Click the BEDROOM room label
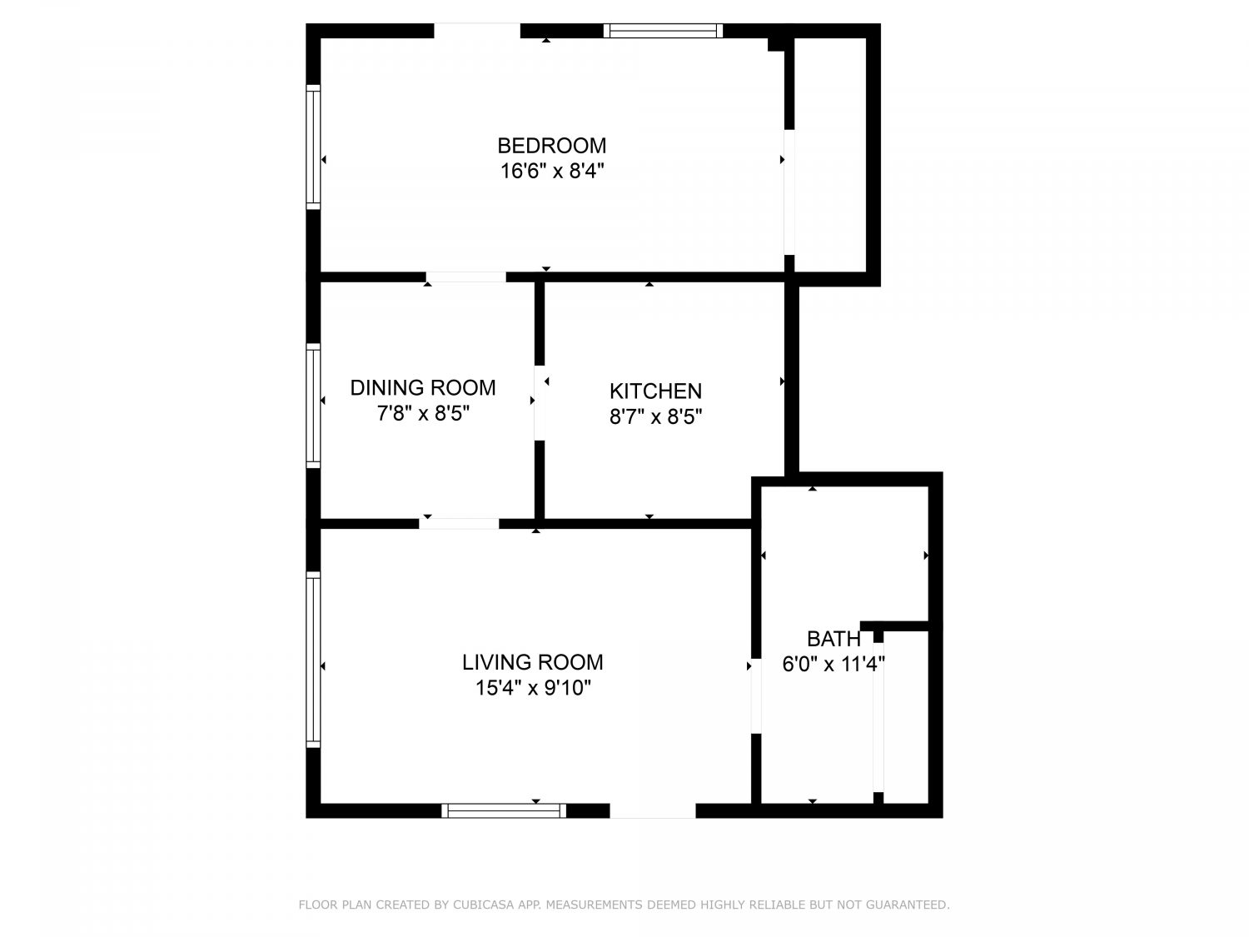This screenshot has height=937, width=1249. coord(551,146)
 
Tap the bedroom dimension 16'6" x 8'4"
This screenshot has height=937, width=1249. coord(551,171)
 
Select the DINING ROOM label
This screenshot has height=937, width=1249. coord(423,388)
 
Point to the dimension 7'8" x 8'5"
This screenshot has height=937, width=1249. coord(423,414)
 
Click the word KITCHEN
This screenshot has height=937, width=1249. coord(655,391)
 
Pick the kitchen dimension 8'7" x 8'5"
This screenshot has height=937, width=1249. coord(655,417)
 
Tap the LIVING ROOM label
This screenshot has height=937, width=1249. coord(533,662)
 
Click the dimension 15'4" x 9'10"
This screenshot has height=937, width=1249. coord(533,689)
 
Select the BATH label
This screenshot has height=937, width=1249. coord(833,640)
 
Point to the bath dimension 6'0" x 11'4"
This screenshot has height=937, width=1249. coord(833,665)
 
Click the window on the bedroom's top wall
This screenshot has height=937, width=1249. coord(663,31)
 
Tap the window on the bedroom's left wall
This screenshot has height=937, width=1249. coord(313,147)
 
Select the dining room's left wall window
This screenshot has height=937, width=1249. coord(313,405)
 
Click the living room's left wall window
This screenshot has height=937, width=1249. coord(313,660)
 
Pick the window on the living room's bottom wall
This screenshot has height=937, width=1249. coord(504,810)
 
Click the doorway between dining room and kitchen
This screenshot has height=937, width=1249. coord(540,403)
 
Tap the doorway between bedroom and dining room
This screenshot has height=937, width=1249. coord(466,277)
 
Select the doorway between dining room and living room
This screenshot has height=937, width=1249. coord(459,524)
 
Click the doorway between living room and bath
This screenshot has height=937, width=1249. coord(756,695)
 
